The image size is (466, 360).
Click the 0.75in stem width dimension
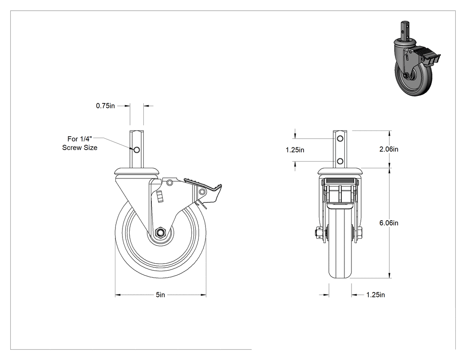point(105,106)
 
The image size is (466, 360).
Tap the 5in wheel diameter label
point(160,295)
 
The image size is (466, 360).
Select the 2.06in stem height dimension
point(389,149)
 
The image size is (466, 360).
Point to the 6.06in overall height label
point(389,223)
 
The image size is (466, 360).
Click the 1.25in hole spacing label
point(295,150)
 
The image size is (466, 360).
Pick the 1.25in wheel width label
point(375,295)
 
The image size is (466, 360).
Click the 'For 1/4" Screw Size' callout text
point(79,143)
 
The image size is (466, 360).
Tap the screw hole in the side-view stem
point(137,150)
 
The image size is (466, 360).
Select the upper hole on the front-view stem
point(340,138)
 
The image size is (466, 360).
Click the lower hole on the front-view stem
point(340,162)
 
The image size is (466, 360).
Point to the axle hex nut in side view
point(160,232)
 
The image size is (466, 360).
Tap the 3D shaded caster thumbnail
point(417,58)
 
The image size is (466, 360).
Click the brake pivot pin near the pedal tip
point(202,192)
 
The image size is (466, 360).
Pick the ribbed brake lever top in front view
point(340,182)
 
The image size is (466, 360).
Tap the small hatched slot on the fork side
point(160,196)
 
